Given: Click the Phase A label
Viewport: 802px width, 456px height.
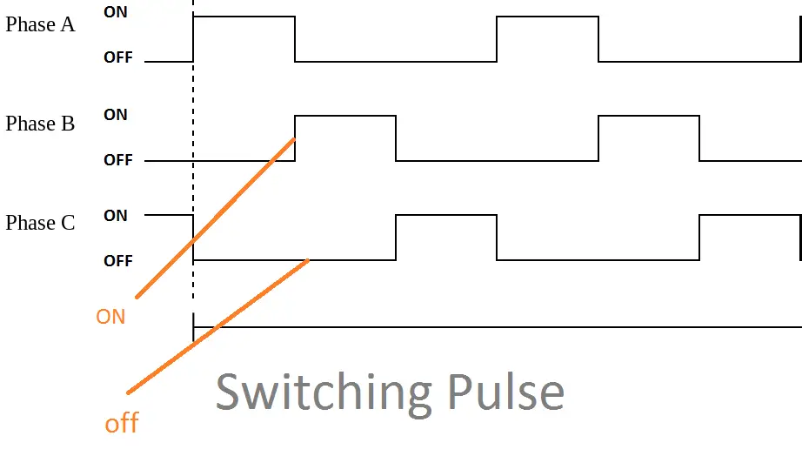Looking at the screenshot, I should (x=40, y=24).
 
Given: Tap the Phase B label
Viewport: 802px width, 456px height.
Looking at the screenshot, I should (x=40, y=124).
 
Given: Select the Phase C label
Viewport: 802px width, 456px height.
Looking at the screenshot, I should (x=40, y=224).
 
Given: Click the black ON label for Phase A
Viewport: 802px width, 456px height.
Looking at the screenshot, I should (x=115, y=13).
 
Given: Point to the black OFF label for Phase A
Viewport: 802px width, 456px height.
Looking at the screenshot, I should (x=118, y=58).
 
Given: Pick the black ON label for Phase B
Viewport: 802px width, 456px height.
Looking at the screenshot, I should (x=115, y=115).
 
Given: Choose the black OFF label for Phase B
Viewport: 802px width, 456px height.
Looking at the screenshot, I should (x=118, y=160).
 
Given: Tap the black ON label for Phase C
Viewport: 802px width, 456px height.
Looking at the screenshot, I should (x=115, y=216).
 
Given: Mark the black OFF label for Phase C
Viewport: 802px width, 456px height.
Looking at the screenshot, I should (x=118, y=261).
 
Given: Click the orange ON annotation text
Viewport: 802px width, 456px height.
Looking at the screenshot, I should (x=110, y=317).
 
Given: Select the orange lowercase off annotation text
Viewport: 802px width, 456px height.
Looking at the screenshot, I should (x=122, y=424).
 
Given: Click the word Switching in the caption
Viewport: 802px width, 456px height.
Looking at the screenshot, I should (x=323, y=392).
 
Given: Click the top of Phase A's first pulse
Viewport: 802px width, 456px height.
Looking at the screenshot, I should (x=244, y=16).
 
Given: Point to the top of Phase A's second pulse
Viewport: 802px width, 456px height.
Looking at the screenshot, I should (x=547, y=16).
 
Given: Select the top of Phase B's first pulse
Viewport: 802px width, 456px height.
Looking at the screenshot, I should (x=345, y=115).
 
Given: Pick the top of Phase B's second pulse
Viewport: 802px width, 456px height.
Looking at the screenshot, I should (x=649, y=115).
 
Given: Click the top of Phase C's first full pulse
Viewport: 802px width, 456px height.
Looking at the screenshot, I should (x=446, y=216).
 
